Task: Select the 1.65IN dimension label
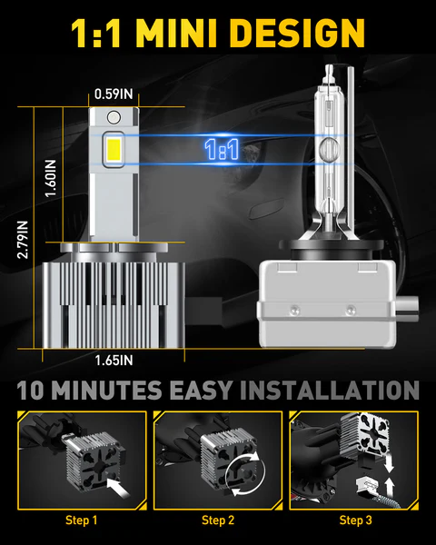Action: coord(114,361)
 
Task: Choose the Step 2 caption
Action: coord(219,520)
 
